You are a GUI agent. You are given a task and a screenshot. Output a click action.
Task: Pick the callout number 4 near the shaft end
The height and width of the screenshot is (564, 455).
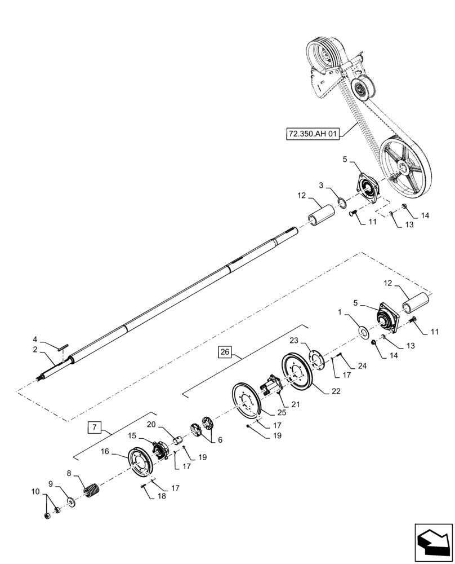[x=35, y=340]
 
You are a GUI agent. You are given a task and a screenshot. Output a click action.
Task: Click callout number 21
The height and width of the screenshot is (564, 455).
[x=296, y=404]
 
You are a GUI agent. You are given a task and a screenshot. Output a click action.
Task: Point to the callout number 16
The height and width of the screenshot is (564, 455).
[x=105, y=451]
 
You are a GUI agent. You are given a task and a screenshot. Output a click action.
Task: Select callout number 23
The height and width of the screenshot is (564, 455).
[x=293, y=340]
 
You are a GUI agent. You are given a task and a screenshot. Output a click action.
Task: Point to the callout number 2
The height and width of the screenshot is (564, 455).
[x=35, y=350]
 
